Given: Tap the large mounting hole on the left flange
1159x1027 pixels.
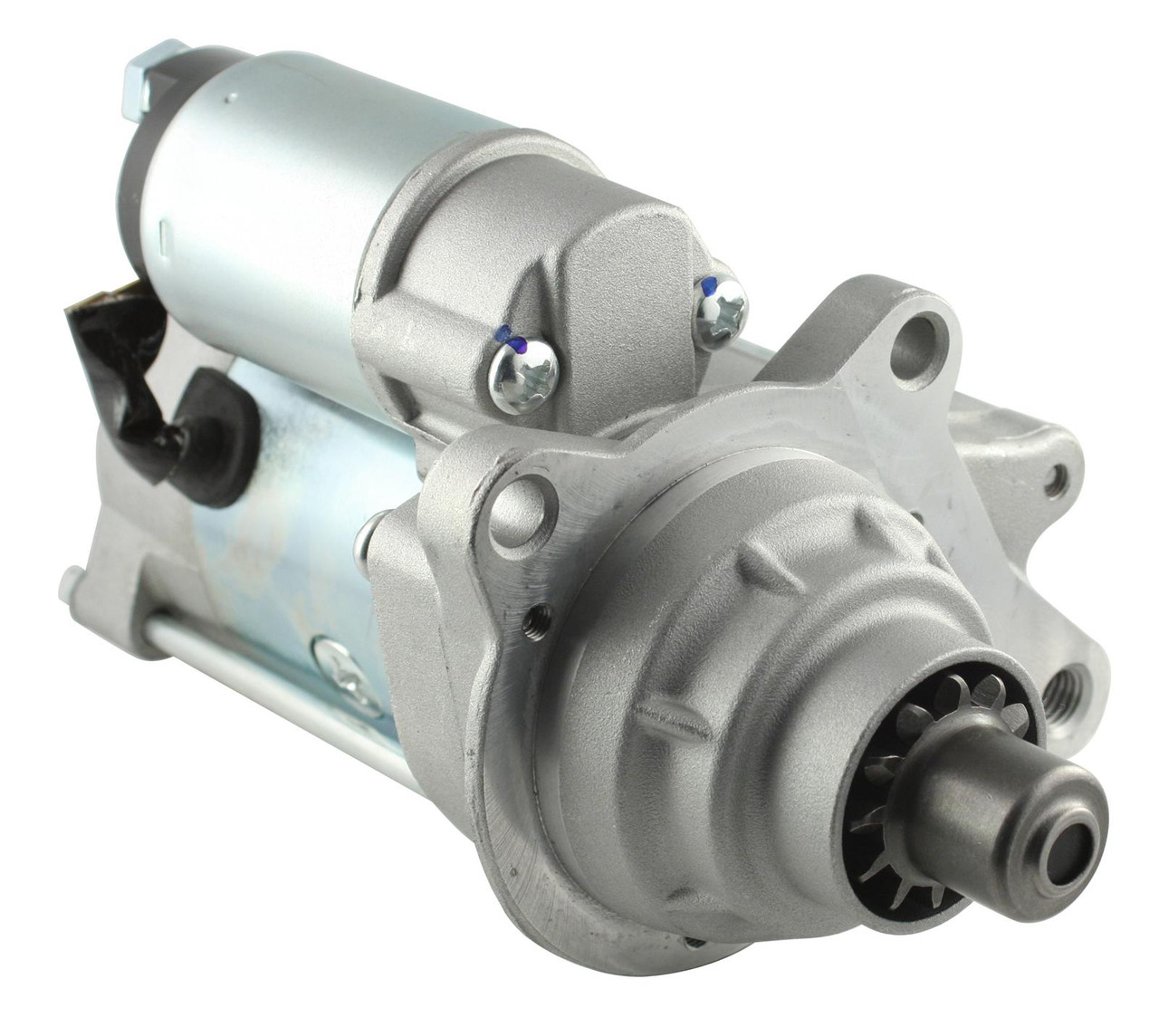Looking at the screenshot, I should tap(523, 510).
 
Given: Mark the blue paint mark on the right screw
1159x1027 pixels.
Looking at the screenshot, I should tap(709, 283).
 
